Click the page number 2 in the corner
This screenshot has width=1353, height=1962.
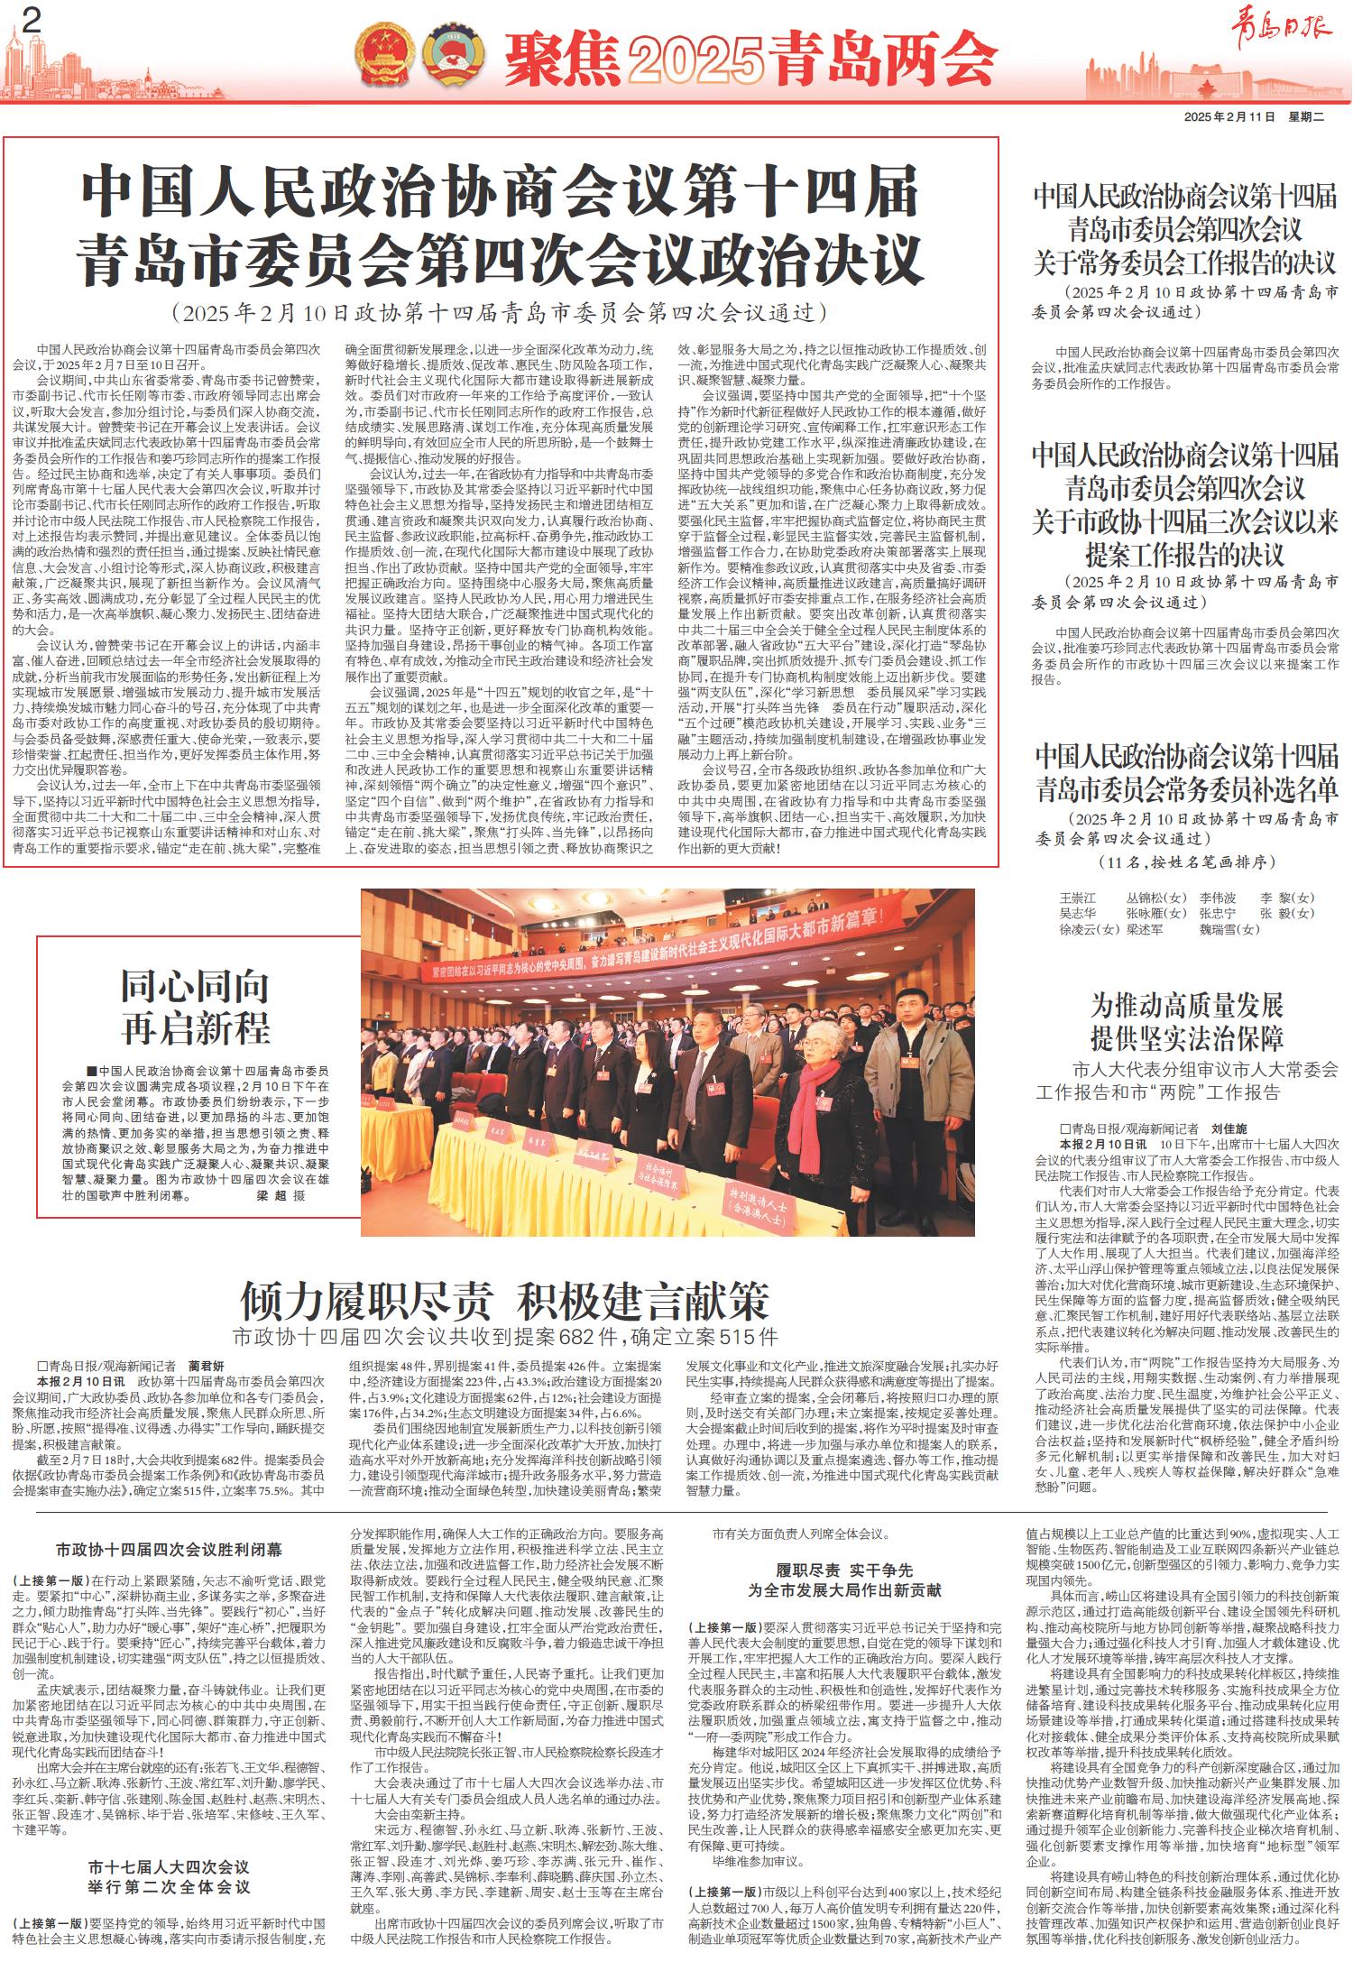pyautogui.click(x=33, y=22)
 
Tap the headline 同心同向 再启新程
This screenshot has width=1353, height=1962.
pyautogui.click(x=196, y=1007)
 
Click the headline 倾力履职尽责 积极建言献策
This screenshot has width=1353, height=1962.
pyautogui.click(x=504, y=1300)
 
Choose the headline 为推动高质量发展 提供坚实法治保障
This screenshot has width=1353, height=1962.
pyautogui.click(x=1187, y=1023)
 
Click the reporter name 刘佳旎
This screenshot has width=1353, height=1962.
pyautogui.click(x=1228, y=1128)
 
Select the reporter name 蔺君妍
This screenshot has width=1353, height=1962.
pyautogui.click(x=207, y=1365)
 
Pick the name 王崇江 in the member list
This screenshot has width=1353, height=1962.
pyautogui.click(x=1077, y=898)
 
